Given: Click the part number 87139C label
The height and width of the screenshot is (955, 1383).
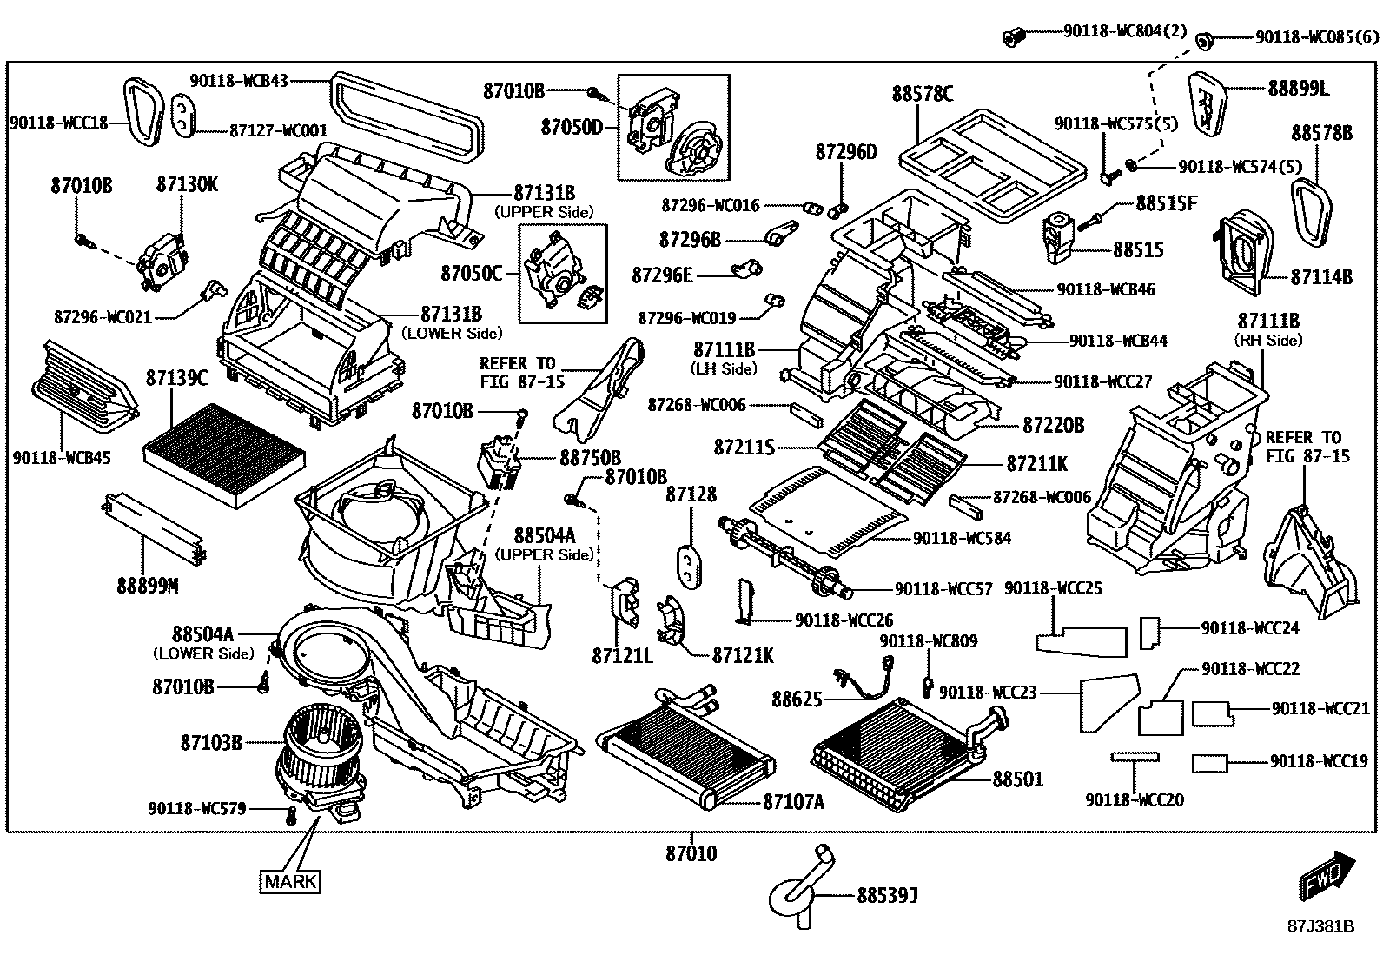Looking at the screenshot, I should point(177,378).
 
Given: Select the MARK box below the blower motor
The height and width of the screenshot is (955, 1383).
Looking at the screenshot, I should point(290,881).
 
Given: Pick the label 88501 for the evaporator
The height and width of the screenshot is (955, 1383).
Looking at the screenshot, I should point(1018,779).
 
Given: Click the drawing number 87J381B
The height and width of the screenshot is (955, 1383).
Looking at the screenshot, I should point(1320,925).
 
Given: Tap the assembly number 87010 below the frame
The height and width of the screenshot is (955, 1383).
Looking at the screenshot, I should point(691,853).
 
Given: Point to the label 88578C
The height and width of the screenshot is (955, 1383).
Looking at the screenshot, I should point(922,93).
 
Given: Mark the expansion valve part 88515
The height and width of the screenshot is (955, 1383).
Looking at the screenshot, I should point(1057,236).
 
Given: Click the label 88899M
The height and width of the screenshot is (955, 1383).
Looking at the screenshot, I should point(148,586).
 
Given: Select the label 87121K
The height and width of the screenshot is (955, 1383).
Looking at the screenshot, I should point(743,655).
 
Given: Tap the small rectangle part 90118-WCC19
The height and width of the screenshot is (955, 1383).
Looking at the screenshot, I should point(1209,763).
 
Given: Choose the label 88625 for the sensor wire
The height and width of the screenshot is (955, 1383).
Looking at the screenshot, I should point(797,698).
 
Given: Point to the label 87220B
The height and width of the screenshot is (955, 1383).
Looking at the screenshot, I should point(1053,425).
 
